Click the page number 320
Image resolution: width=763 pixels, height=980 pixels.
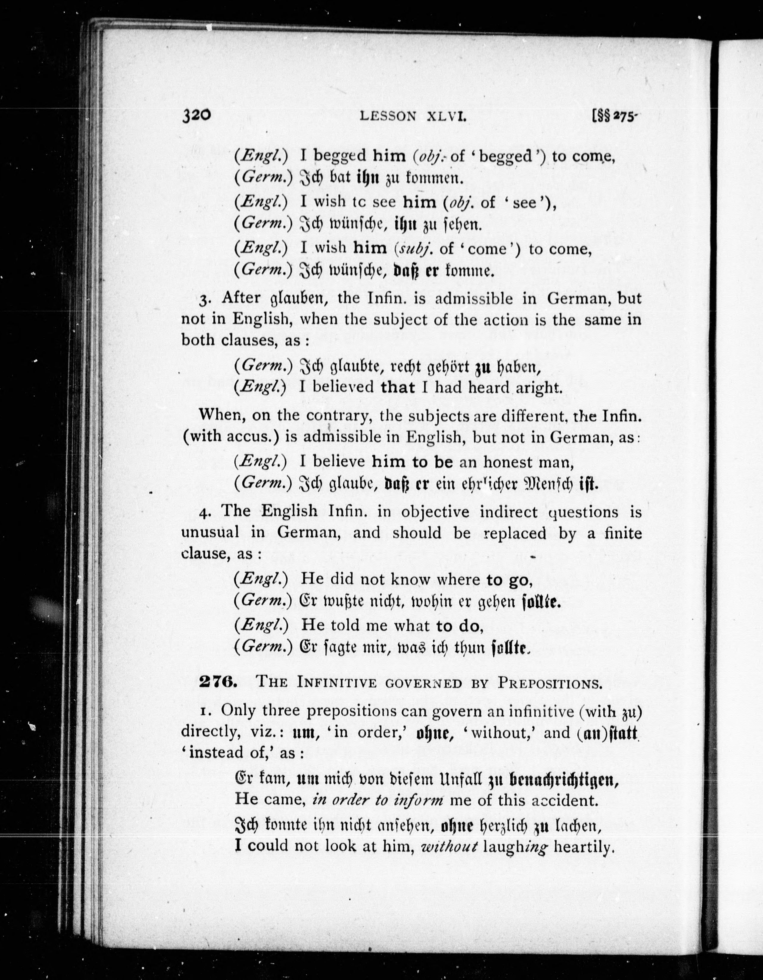(x=196, y=115)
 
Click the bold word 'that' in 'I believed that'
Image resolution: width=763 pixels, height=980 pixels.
(x=398, y=387)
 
